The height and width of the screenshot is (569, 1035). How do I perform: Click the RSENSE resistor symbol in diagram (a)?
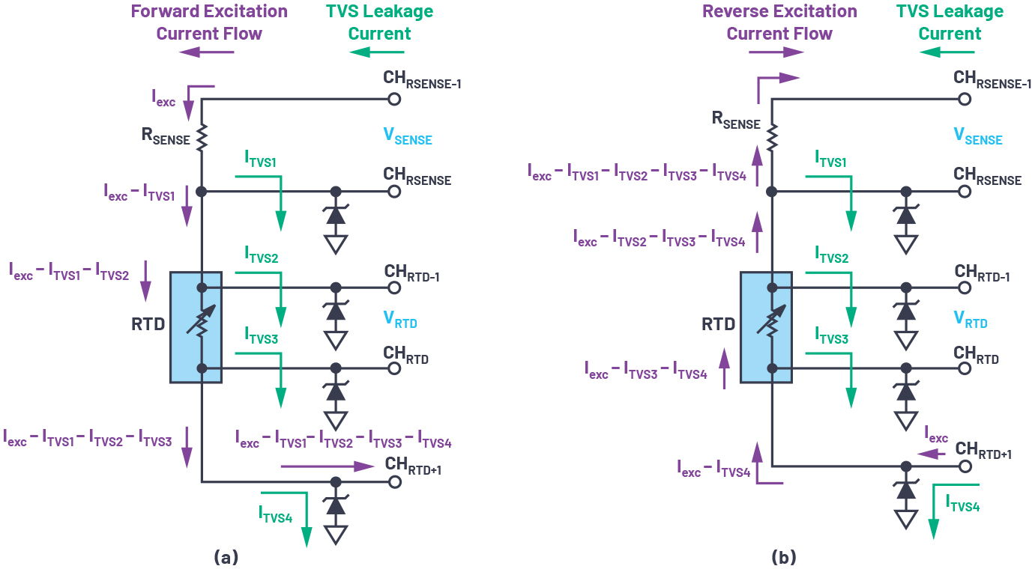pyautogui.click(x=201, y=137)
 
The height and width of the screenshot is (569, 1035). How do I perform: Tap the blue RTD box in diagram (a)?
pyautogui.click(x=196, y=327)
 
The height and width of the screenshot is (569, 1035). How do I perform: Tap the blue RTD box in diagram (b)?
pyautogui.click(x=766, y=327)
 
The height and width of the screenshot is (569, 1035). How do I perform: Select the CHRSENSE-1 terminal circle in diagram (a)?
pyautogui.click(x=393, y=99)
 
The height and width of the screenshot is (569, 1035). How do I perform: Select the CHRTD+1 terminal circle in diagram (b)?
pyautogui.click(x=965, y=466)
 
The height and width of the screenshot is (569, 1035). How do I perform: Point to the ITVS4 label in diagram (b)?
pyautogui.click(x=962, y=505)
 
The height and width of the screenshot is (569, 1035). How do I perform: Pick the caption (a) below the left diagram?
pyautogui.click(x=226, y=557)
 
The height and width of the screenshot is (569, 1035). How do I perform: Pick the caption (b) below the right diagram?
pyautogui.click(x=784, y=557)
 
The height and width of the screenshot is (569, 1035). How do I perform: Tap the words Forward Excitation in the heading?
pyautogui.click(x=209, y=12)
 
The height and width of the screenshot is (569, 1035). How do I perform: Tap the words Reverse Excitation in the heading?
pyautogui.click(x=779, y=12)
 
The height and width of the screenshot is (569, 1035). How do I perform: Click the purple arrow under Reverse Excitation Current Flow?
pyautogui.click(x=776, y=52)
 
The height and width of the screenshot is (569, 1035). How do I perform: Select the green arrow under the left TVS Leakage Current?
pyautogui.click(x=377, y=52)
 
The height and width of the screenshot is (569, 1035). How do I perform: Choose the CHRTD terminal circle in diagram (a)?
pyautogui.click(x=393, y=368)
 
